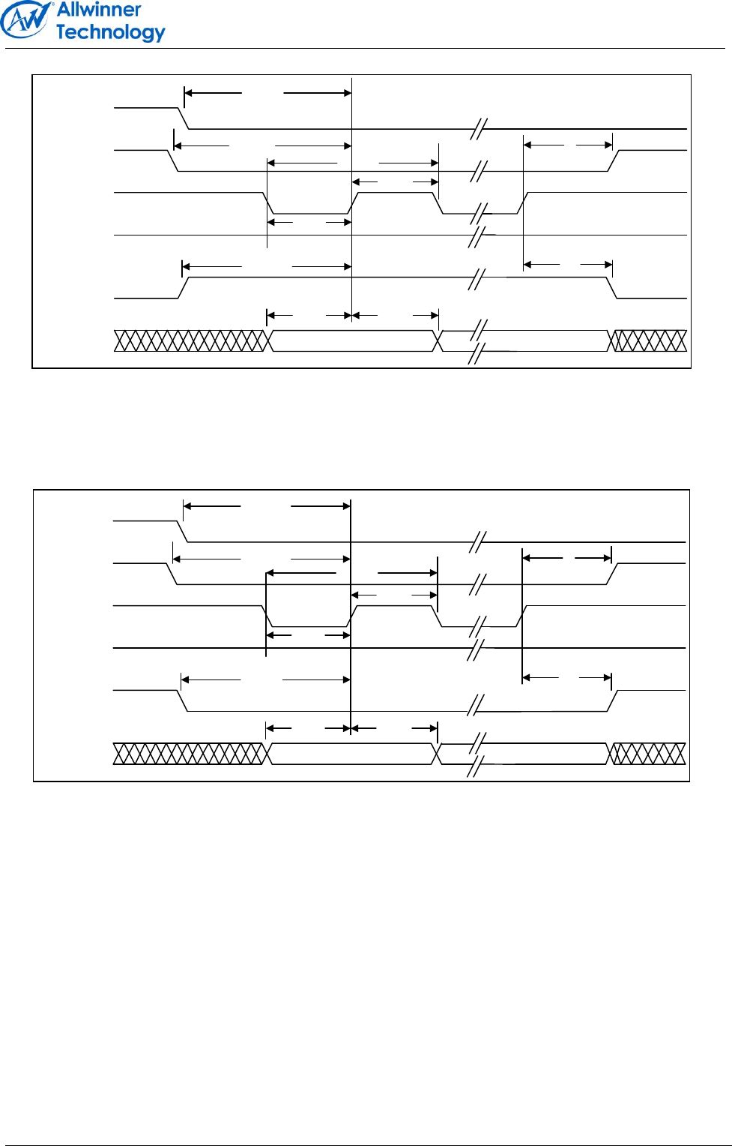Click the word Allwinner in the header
[x=99, y=10]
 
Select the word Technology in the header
[x=110, y=32]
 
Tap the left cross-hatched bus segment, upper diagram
[x=190, y=340]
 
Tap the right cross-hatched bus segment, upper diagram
[x=649, y=340]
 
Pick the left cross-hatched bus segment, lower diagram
[x=190, y=754]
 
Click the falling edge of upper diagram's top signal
[x=183, y=118]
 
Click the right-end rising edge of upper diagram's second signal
[x=613, y=160]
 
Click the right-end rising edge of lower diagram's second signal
[x=611, y=574]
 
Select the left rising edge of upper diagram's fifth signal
[x=183, y=287]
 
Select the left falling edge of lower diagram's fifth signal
[x=182, y=700]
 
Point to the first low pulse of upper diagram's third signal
[x=309, y=213]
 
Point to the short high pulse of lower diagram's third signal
[x=394, y=606]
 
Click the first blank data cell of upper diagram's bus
[x=352, y=340]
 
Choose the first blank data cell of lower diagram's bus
[x=351, y=754]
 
